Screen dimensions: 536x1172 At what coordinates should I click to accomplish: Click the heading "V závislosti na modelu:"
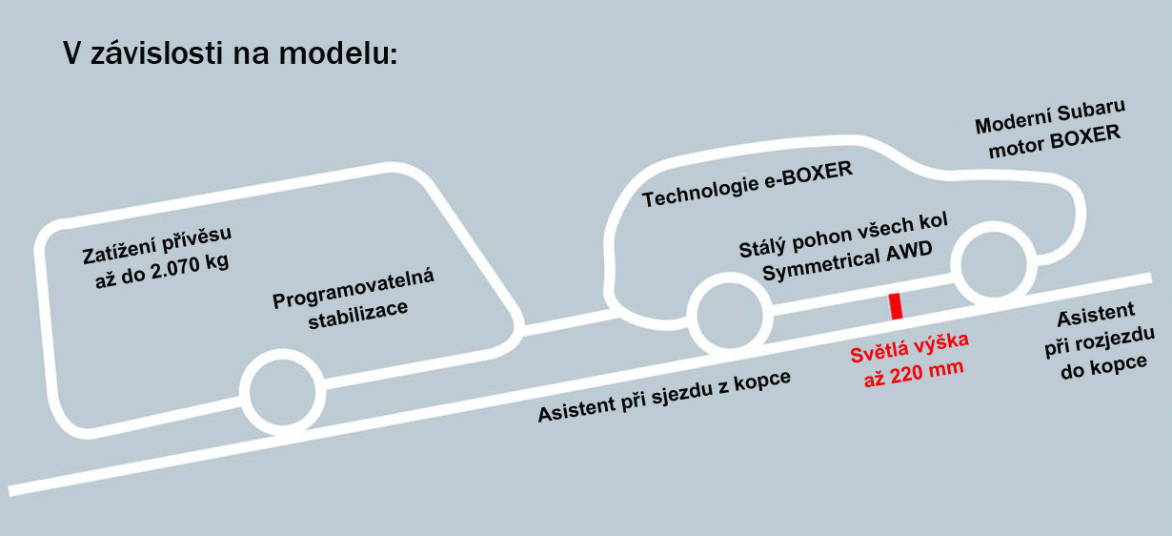click(229, 54)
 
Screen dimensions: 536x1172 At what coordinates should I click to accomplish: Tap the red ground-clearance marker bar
click(896, 307)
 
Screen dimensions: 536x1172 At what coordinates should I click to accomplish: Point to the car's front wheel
click(998, 259)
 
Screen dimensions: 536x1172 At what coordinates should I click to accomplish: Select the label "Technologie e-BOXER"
click(747, 184)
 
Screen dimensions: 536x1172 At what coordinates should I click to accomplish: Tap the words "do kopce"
click(1103, 364)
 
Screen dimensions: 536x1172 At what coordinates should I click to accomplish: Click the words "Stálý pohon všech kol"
click(831, 236)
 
